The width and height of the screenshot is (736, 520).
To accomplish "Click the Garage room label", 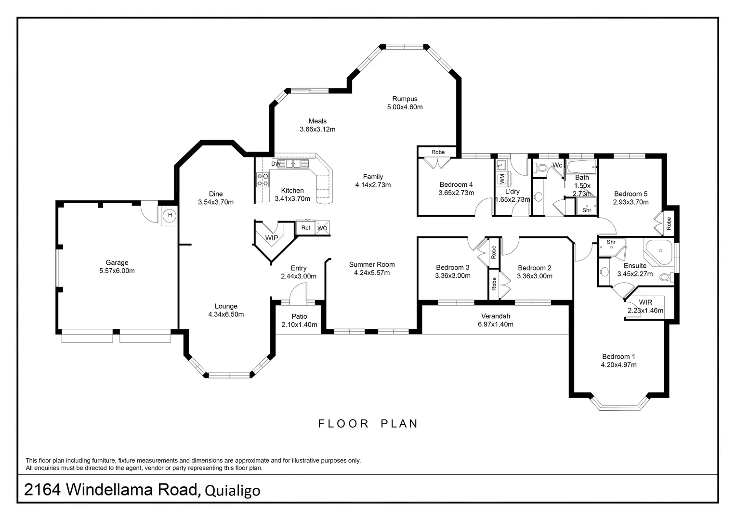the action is coord(117,262).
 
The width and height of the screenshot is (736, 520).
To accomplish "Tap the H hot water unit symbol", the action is coord(170,215).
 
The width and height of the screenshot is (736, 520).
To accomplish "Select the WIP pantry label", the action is coord(271,238).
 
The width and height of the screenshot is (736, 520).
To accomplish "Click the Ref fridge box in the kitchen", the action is coord(305,227).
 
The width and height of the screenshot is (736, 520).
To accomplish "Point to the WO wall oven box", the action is coord(322,228).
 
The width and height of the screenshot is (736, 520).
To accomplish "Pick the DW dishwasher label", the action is coord(276,164).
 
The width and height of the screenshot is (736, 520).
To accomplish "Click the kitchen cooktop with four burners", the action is coord(263,180).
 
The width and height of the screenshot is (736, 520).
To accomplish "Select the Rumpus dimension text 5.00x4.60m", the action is coord(405,107).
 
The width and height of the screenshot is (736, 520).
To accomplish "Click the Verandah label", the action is coord(496,316).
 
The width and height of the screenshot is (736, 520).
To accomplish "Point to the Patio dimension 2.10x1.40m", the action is coord(299,325).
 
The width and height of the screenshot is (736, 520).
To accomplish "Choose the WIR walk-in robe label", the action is coord(645,302).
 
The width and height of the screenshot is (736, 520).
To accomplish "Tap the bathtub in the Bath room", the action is coord(581,167).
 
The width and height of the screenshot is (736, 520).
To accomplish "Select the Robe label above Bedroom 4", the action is coord(438,152).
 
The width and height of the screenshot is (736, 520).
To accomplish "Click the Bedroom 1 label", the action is coord(618,356).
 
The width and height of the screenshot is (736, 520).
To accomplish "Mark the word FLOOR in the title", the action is coord(343,424).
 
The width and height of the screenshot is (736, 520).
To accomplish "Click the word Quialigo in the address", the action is coord(233,491).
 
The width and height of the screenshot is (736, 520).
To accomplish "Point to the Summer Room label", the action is coord(372,264).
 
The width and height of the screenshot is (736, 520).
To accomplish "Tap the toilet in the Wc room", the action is coord(540,168).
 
